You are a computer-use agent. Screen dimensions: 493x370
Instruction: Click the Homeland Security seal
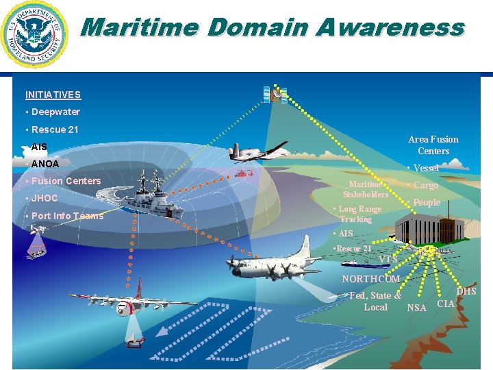tap(35, 34)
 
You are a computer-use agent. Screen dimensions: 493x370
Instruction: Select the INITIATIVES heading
tap(53, 95)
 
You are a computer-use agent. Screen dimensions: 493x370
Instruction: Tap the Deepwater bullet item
tap(55, 112)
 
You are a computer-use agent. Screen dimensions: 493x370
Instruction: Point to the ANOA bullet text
tap(45, 164)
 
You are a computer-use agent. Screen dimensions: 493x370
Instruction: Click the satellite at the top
tap(275, 94)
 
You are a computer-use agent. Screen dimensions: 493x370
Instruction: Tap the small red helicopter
tap(244, 174)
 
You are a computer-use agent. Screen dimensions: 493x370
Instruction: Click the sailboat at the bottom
tap(134, 336)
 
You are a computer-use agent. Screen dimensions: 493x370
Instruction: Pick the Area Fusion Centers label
tap(433, 145)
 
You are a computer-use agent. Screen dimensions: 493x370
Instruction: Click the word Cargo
tap(426, 186)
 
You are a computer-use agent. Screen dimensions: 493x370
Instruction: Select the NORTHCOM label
tap(370, 279)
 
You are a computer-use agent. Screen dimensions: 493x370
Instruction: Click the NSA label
tap(416, 308)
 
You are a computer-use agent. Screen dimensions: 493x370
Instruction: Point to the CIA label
tap(446, 304)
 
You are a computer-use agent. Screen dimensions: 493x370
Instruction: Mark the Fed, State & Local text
tap(375, 301)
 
